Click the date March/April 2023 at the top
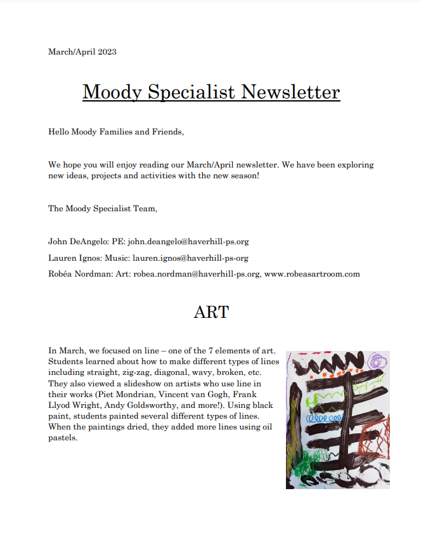point(82,51)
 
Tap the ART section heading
point(211,312)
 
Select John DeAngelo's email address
point(187,242)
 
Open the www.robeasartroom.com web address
point(311,274)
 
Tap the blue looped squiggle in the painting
point(325,419)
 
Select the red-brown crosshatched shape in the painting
point(375,438)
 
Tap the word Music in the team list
point(119,258)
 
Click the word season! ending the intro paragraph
point(243,175)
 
